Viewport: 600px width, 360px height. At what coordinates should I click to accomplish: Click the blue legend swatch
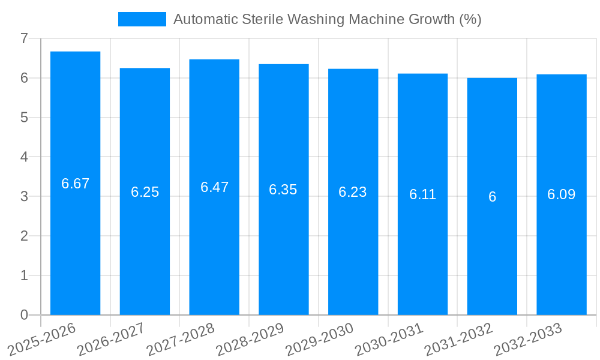tap(142, 19)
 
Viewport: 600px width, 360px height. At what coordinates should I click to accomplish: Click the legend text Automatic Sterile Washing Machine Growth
tap(327, 19)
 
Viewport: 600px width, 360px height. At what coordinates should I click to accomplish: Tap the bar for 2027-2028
tap(214, 240)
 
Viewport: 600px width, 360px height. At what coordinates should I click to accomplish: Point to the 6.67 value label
tap(75, 184)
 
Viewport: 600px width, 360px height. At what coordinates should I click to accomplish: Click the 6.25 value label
tap(145, 192)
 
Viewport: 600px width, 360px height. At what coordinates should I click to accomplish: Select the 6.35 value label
tap(283, 190)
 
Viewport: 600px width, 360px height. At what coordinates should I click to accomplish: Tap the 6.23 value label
tap(353, 192)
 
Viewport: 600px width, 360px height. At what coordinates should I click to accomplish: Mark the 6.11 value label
tap(422, 194)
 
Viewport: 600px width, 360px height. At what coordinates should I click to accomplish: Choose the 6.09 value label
tap(561, 194)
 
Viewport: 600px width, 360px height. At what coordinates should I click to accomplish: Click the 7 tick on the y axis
tap(24, 38)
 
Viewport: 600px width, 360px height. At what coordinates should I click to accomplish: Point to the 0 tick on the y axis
tap(24, 315)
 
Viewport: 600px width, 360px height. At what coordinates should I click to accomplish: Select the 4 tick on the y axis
tap(24, 157)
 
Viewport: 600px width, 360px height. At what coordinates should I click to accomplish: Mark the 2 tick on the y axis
tap(24, 236)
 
